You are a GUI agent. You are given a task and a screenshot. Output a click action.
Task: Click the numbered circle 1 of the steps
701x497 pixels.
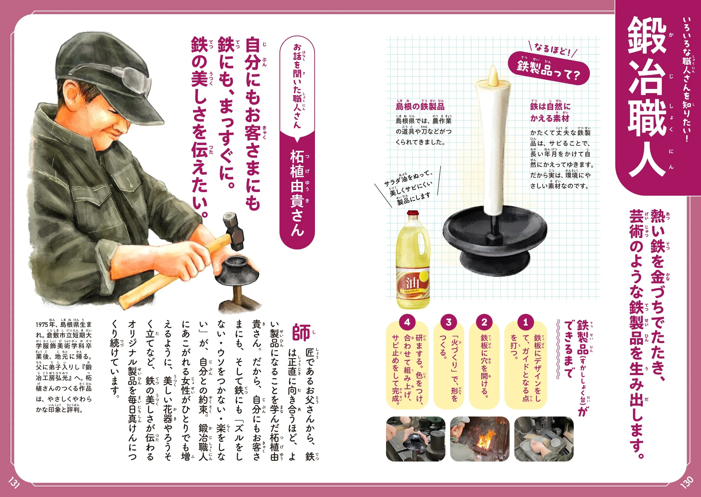click(x=525, y=322)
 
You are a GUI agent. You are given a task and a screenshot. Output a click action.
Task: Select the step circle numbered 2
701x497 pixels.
click(x=484, y=322)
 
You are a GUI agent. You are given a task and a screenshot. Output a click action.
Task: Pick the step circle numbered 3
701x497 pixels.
click(x=448, y=322)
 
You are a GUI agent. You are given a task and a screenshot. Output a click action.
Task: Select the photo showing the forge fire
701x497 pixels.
click(x=480, y=439)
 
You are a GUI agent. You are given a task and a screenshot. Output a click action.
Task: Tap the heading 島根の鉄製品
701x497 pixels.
click(x=420, y=106)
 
